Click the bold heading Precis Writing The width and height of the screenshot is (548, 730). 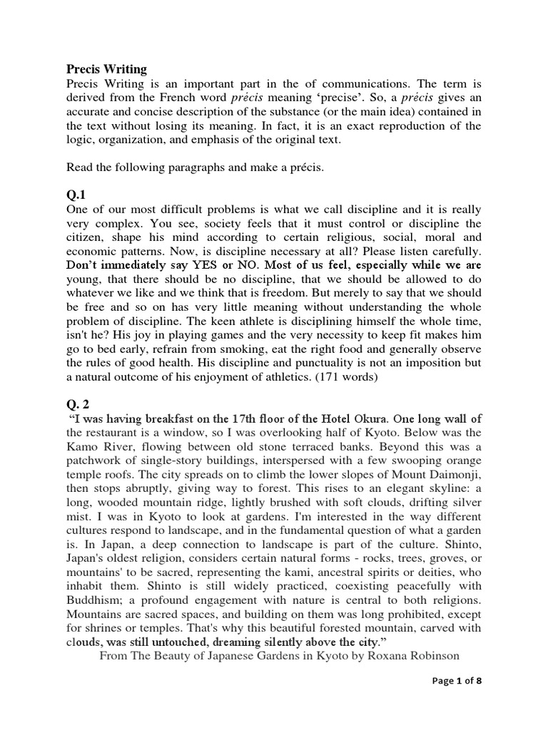coord(106,69)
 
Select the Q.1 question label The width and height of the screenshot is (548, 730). coord(76,195)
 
